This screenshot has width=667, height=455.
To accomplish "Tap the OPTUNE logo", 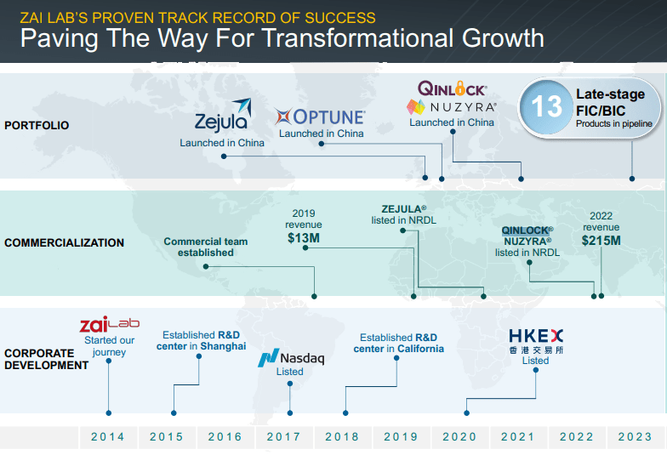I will click(x=321, y=117).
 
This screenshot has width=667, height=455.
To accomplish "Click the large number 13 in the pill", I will click(x=546, y=106).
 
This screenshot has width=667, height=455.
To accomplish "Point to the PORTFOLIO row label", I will click(x=37, y=125).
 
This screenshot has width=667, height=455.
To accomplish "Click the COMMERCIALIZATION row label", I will click(x=64, y=242).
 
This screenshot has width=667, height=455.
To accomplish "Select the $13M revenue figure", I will click(x=304, y=239).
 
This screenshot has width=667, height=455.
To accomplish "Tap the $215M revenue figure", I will click(x=601, y=241).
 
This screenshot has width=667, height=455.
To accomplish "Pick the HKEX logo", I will click(x=535, y=336).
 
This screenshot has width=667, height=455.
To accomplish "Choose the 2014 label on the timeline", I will click(x=108, y=436).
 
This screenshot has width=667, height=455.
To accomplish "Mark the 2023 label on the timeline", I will click(x=635, y=436).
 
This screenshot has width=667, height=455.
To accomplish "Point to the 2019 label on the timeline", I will click(x=401, y=436).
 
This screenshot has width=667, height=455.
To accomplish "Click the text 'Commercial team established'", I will click(x=206, y=247).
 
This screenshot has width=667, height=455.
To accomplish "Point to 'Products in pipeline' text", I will click(x=614, y=124).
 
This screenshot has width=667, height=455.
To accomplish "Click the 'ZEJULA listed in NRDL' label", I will click(x=403, y=214).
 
